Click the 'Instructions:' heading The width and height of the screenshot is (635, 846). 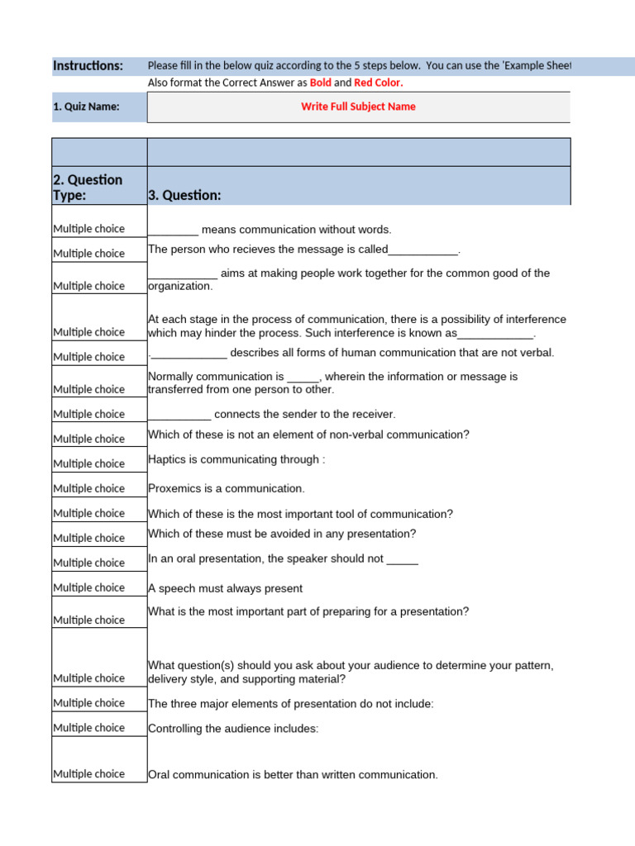(88, 66)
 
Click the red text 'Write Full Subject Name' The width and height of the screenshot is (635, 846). (358, 107)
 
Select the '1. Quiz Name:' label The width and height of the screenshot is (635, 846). (86, 107)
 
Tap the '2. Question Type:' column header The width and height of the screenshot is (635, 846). (88, 188)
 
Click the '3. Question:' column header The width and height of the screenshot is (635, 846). (184, 196)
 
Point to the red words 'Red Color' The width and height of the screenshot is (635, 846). (377, 83)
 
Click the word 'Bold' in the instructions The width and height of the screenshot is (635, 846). (320, 83)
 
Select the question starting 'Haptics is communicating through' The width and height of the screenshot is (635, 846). (236, 459)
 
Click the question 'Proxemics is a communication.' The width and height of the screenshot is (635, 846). (227, 488)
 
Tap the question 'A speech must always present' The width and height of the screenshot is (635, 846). (225, 588)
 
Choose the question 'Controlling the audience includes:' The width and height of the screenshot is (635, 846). (233, 729)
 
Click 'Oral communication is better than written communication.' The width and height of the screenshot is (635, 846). (293, 775)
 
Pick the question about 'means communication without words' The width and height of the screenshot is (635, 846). (270, 230)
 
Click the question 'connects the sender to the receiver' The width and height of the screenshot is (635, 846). (272, 414)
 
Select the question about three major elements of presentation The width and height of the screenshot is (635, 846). (291, 704)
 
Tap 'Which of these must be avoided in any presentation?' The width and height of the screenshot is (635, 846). (282, 534)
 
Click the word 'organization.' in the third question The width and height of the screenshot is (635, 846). (180, 287)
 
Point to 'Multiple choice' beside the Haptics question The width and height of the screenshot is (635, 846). (89, 463)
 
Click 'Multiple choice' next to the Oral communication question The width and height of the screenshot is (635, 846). (89, 774)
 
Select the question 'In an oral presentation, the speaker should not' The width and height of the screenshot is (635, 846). (283, 558)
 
